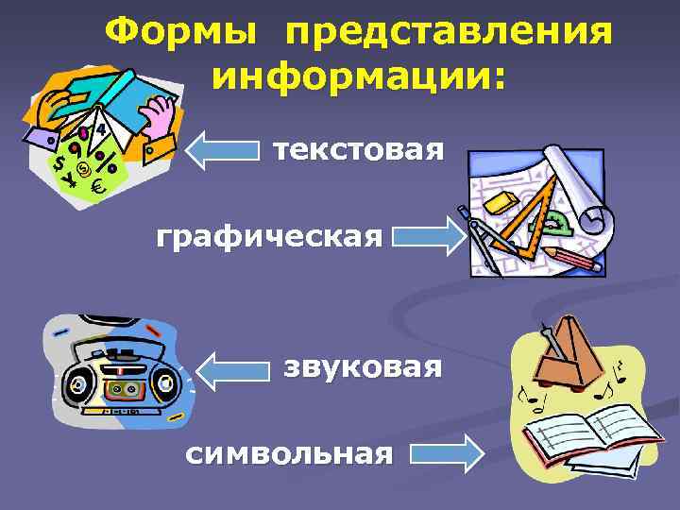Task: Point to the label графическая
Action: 270,236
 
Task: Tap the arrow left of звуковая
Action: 235,369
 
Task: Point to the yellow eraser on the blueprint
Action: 501,201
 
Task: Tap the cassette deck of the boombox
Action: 120,386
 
